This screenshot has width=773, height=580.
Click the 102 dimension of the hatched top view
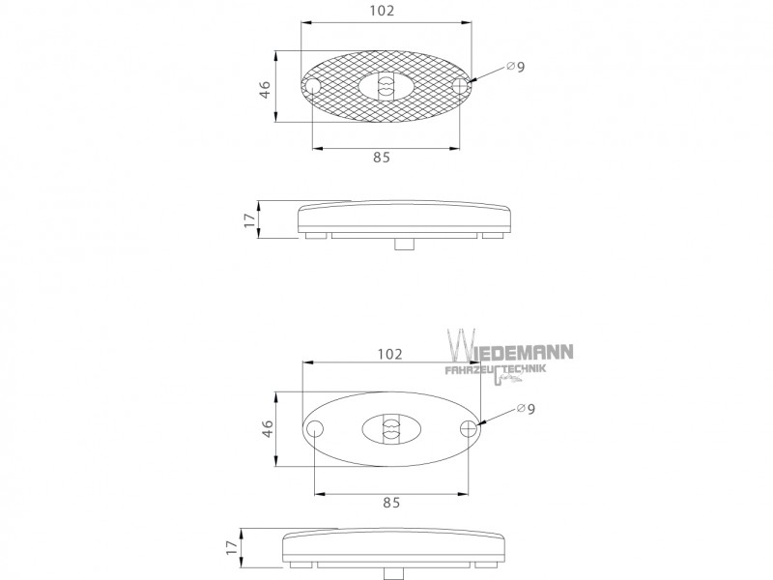coord(382,11)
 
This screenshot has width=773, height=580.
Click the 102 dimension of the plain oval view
coord(390,354)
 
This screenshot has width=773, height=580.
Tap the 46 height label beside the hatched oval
coord(265,89)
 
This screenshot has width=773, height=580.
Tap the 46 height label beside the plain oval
coord(268,428)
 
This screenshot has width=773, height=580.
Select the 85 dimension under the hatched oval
coord(382,158)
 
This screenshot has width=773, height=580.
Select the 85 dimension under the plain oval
coord(391,503)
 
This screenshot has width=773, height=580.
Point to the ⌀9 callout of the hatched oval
coord(516,67)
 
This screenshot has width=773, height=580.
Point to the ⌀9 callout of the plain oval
coord(526,409)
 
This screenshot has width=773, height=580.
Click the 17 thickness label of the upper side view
coord(250,220)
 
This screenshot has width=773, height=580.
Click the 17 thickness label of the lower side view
coord(232,547)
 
